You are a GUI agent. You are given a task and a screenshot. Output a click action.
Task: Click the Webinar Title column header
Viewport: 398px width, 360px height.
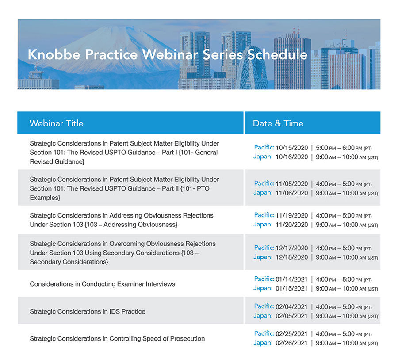pos(56,123)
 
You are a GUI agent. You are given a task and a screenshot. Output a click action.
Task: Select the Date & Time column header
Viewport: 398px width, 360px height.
pos(278,123)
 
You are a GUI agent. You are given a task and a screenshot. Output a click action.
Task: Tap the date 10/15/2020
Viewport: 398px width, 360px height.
pos(291,147)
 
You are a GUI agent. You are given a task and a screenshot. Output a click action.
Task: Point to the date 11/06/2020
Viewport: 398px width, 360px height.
pos(291,193)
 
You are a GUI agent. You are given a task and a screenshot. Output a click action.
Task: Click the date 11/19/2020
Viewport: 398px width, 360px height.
pos(291,215)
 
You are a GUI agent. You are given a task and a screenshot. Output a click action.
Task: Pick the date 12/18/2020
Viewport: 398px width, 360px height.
pos(291,257)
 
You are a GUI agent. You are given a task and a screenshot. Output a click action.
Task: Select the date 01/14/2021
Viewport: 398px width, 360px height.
pos(291,279)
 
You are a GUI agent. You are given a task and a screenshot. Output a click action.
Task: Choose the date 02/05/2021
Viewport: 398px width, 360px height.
pos(291,316)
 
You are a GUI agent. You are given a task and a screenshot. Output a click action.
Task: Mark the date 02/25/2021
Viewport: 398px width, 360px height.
pos(291,334)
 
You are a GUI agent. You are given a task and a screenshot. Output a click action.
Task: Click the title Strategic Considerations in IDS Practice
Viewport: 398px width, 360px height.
pos(88,311)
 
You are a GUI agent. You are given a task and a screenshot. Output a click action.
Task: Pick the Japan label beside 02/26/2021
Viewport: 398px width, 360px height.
pos(263,343)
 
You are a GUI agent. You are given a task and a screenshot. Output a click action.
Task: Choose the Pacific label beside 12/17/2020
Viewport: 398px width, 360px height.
pos(264,248)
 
